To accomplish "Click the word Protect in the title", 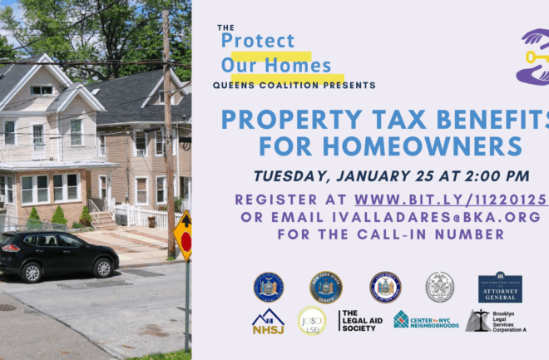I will pos(258,40).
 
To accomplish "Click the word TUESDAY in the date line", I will pos(290,175).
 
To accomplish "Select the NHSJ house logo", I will pos(269,321).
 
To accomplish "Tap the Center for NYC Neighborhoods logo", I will pos(426,320).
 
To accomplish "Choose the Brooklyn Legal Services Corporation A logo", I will pos(496,321).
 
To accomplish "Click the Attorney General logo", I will pos(499,288).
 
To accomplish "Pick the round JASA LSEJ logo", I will pos(312,321).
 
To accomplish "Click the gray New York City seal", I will pos(439,287).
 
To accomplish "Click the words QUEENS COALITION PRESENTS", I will pos(294,85).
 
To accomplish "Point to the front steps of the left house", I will pos(104,219).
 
